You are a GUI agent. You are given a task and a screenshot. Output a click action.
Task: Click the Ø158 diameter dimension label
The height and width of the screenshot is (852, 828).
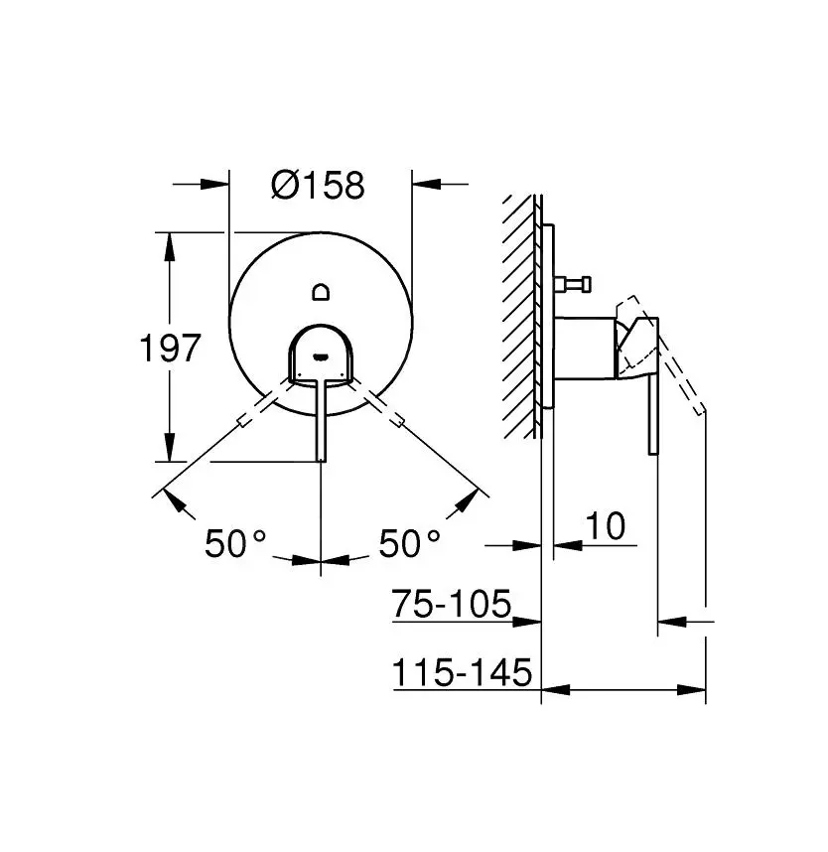pos(318,185)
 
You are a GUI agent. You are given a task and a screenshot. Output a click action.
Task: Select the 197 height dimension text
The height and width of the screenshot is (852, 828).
pos(170,349)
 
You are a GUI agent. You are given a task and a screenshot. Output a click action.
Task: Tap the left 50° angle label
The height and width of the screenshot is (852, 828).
pos(236,543)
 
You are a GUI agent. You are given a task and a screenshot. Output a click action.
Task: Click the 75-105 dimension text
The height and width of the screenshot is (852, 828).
pos(451,603)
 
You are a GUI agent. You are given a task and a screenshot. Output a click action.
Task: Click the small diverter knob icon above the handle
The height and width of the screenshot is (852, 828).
pos(320,292)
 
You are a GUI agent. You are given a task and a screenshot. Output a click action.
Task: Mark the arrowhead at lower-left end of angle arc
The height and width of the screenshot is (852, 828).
pos(176,502)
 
